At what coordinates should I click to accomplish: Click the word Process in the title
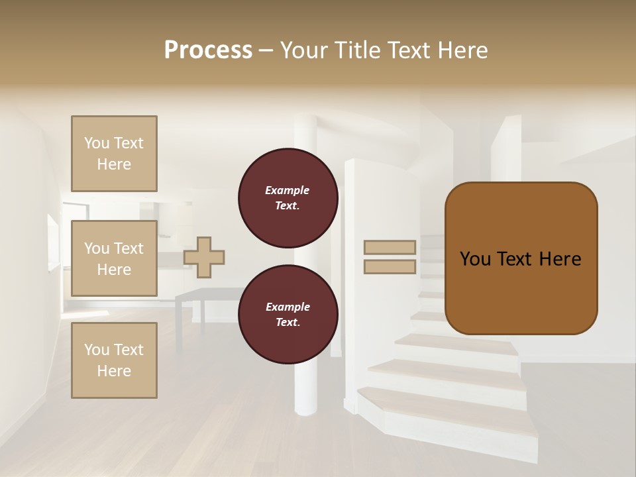(x=208, y=50)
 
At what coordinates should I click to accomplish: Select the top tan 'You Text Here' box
(x=114, y=154)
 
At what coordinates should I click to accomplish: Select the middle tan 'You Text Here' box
(x=114, y=258)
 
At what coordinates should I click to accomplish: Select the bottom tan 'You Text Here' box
(x=114, y=360)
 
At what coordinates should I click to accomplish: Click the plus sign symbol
(x=204, y=257)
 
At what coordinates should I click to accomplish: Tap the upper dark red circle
(x=288, y=198)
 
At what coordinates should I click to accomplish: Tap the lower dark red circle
(x=288, y=315)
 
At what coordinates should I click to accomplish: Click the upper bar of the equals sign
(x=390, y=247)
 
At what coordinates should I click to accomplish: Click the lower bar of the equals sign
(x=390, y=266)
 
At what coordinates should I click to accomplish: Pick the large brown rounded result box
(x=521, y=258)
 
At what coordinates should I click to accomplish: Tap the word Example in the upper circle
(x=288, y=190)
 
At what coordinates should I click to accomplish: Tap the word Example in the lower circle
(x=288, y=307)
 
